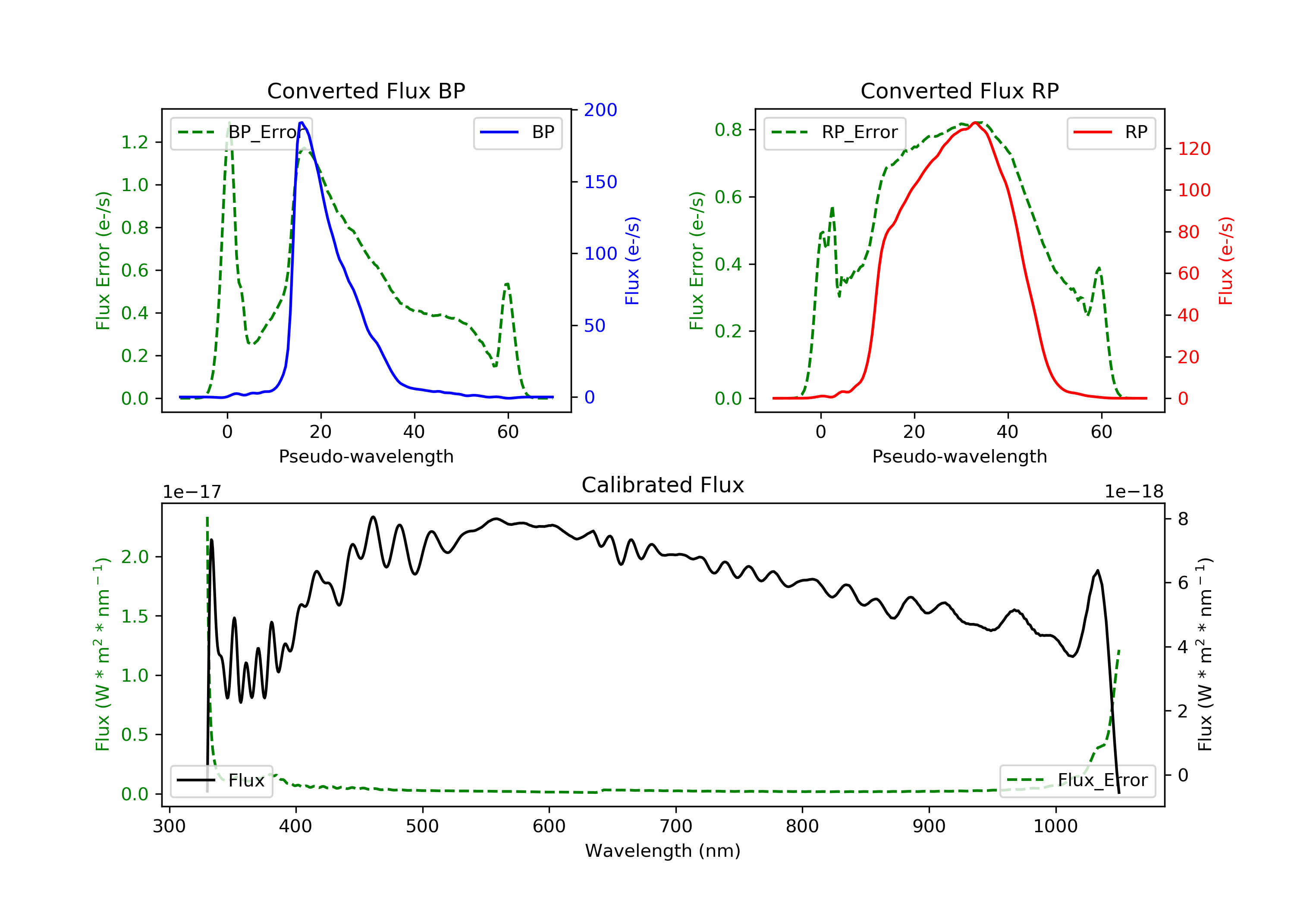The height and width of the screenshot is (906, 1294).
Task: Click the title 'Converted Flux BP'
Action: coord(366,91)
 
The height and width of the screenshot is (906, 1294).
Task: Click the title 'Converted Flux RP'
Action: coord(959,91)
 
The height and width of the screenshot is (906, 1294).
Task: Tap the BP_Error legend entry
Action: coord(241,132)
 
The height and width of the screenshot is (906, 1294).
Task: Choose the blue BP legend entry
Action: coord(517,132)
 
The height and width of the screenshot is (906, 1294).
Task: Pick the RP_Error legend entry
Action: coord(835,132)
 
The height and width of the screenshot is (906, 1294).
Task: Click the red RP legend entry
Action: coord(1111,132)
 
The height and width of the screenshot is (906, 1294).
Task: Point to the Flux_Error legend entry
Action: coord(1077,780)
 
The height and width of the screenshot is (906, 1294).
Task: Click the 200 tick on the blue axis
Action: coord(600,110)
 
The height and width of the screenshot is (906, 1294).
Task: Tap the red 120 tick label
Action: coord(1193,149)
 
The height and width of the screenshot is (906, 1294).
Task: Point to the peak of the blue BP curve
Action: coord(302,123)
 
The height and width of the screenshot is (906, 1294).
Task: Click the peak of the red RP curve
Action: coord(975,123)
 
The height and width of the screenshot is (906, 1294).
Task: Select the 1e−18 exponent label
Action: coord(1134,492)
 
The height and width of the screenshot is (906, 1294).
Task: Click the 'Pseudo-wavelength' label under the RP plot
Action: coord(959,456)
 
